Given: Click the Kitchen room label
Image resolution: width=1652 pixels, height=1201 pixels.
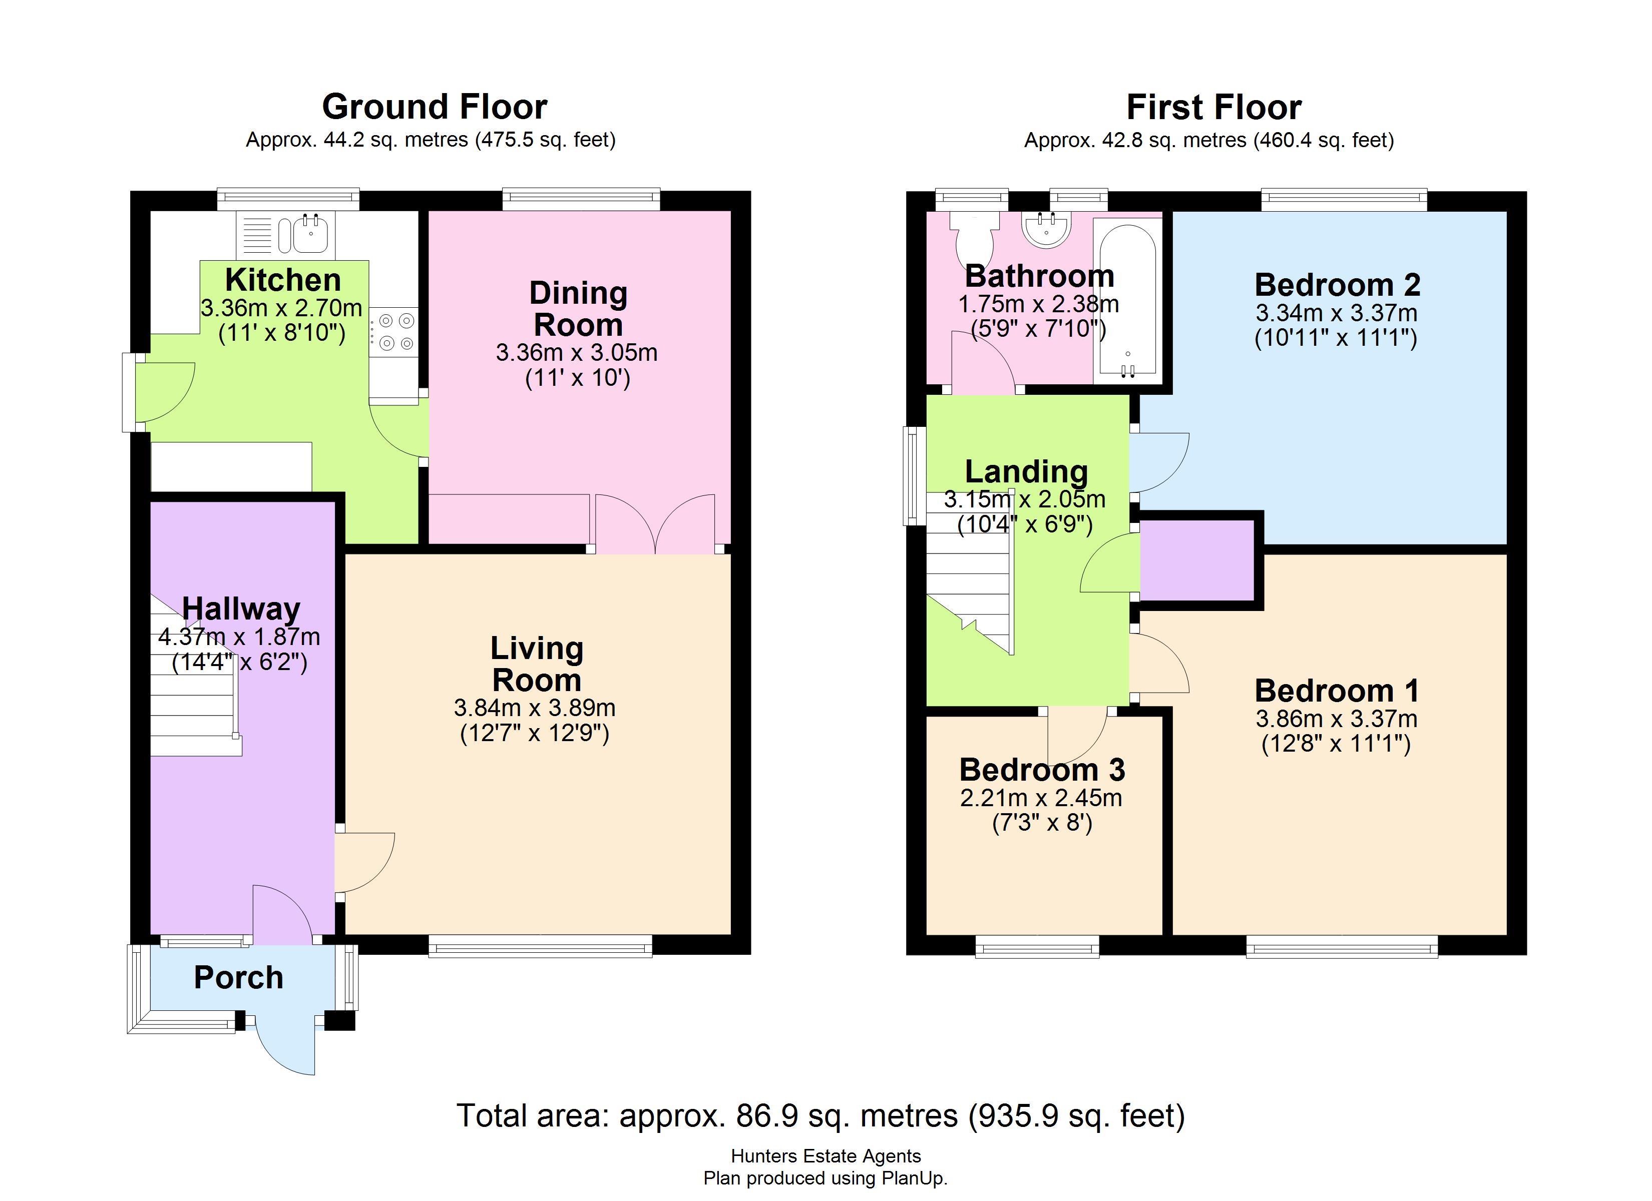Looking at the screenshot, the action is pyautogui.click(x=283, y=280).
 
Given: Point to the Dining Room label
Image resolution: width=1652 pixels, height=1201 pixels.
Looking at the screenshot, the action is pyautogui.click(x=578, y=309).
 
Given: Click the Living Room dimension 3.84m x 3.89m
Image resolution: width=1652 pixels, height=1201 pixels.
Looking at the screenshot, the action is pyautogui.click(x=535, y=707).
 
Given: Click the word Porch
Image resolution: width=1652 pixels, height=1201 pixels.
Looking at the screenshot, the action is pyautogui.click(x=238, y=977).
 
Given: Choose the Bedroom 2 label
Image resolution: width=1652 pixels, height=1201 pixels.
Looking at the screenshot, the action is pyautogui.click(x=1337, y=285).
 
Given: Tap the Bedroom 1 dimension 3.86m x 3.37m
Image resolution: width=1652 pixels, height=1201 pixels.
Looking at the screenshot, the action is pyautogui.click(x=1337, y=719).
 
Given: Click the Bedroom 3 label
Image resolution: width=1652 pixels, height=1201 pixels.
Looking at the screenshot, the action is pyautogui.click(x=1042, y=770).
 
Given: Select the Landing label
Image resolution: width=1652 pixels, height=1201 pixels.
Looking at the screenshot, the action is pyautogui.click(x=1026, y=472).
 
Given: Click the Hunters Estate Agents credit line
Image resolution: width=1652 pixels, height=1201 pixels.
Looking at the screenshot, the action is pyautogui.click(x=826, y=1156).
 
